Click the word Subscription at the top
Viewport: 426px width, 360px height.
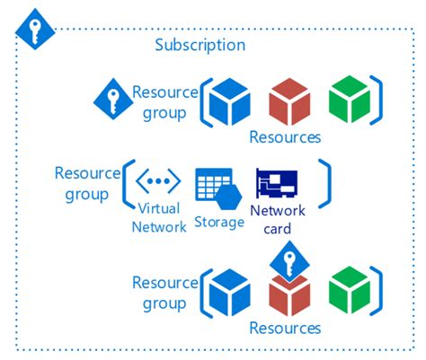point(200,45)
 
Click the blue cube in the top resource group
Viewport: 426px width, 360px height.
point(228,101)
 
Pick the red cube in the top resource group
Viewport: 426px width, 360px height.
point(290,101)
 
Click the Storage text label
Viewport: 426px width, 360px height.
point(219,222)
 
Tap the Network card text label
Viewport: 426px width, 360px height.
point(277,219)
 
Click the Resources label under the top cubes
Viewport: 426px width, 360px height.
point(285,137)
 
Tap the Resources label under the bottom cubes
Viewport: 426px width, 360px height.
point(285,328)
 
